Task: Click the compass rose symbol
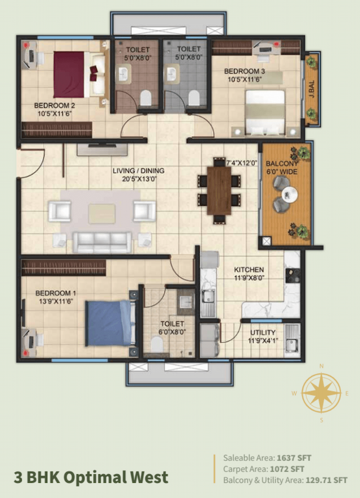tap(322, 393)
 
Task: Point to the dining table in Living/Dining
tap(219, 191)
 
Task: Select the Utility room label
tap(263, 337)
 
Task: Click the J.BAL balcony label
tap(311, 89)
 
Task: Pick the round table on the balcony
tap(291, 195)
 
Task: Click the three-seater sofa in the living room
tap(102, 242)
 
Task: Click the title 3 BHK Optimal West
tap(91, 477)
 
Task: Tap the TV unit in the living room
tap(102, 150)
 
